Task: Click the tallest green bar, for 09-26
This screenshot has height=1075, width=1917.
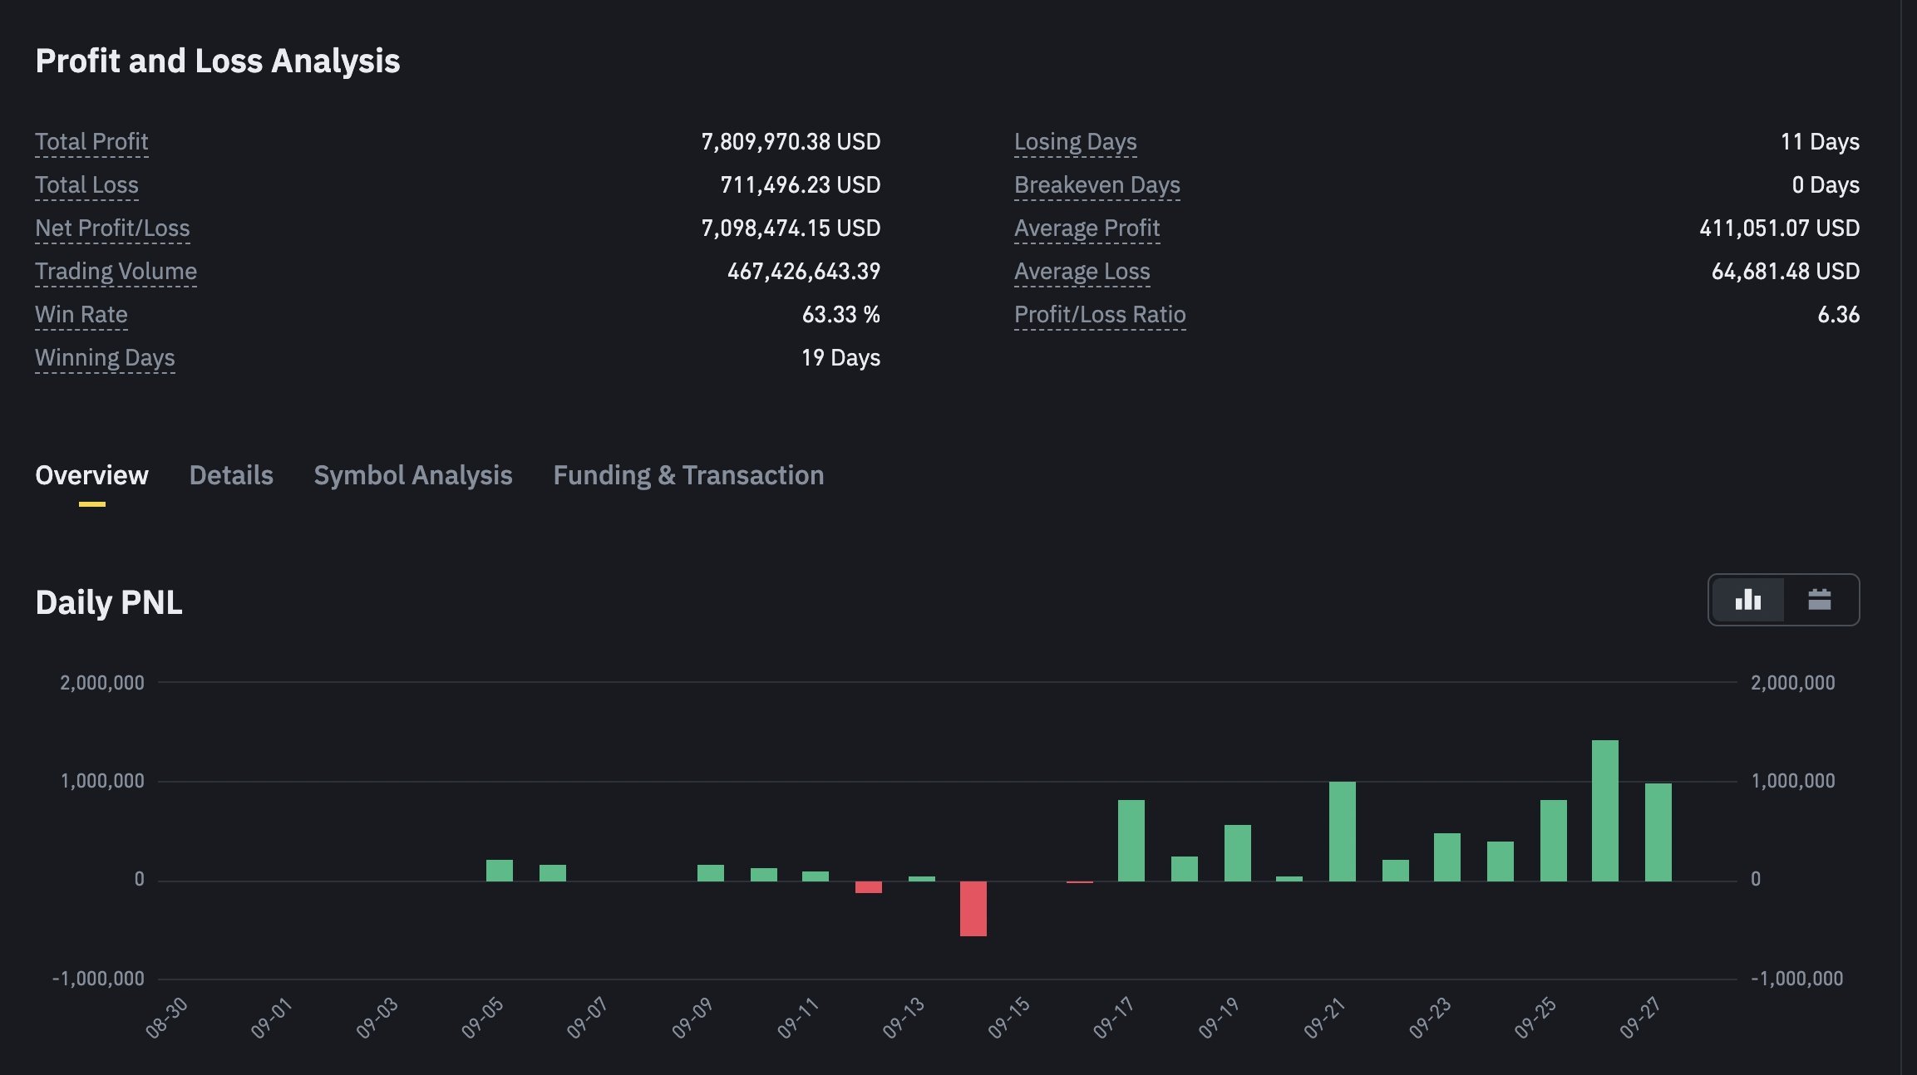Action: click(x=1604, y=810)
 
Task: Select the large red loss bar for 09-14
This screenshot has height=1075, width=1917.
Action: click(x=973, y=909)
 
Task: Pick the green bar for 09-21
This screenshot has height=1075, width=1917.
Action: click(x=1343, y=831)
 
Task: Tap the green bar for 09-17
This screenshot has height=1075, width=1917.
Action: click(x=1131, y=840)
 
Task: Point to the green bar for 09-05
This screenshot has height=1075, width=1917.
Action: click(x=500, y=870)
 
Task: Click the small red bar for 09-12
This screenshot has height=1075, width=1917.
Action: click(x=869, y=887)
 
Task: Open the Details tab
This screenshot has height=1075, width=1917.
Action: click(x=231, y=475)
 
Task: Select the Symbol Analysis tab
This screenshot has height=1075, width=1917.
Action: click(x=413, y=475)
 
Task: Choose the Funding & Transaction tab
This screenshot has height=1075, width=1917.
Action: click(x=688, y=475)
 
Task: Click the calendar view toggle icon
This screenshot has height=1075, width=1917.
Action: click(x=1820, y=599)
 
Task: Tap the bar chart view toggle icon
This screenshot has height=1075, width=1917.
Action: click(x=1748, y=599)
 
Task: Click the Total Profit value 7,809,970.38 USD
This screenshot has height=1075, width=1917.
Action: click(x=791, y=142)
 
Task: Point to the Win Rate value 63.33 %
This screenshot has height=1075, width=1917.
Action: click(x=841, y=315)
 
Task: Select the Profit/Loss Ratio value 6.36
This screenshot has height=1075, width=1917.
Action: click(x=1839, y=315)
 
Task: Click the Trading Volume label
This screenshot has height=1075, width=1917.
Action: click(x=116, y=272)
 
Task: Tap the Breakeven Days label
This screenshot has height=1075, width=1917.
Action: click(x=1097, y=185)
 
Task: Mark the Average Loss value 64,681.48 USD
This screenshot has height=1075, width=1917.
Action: click(x=1786, y=272)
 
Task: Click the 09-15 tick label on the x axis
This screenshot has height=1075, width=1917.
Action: click(x=1009, y=1019)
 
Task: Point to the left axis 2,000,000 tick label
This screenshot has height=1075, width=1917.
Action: click(x=102, y=683)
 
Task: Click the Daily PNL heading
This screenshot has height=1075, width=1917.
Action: click(x=109, y=602)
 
